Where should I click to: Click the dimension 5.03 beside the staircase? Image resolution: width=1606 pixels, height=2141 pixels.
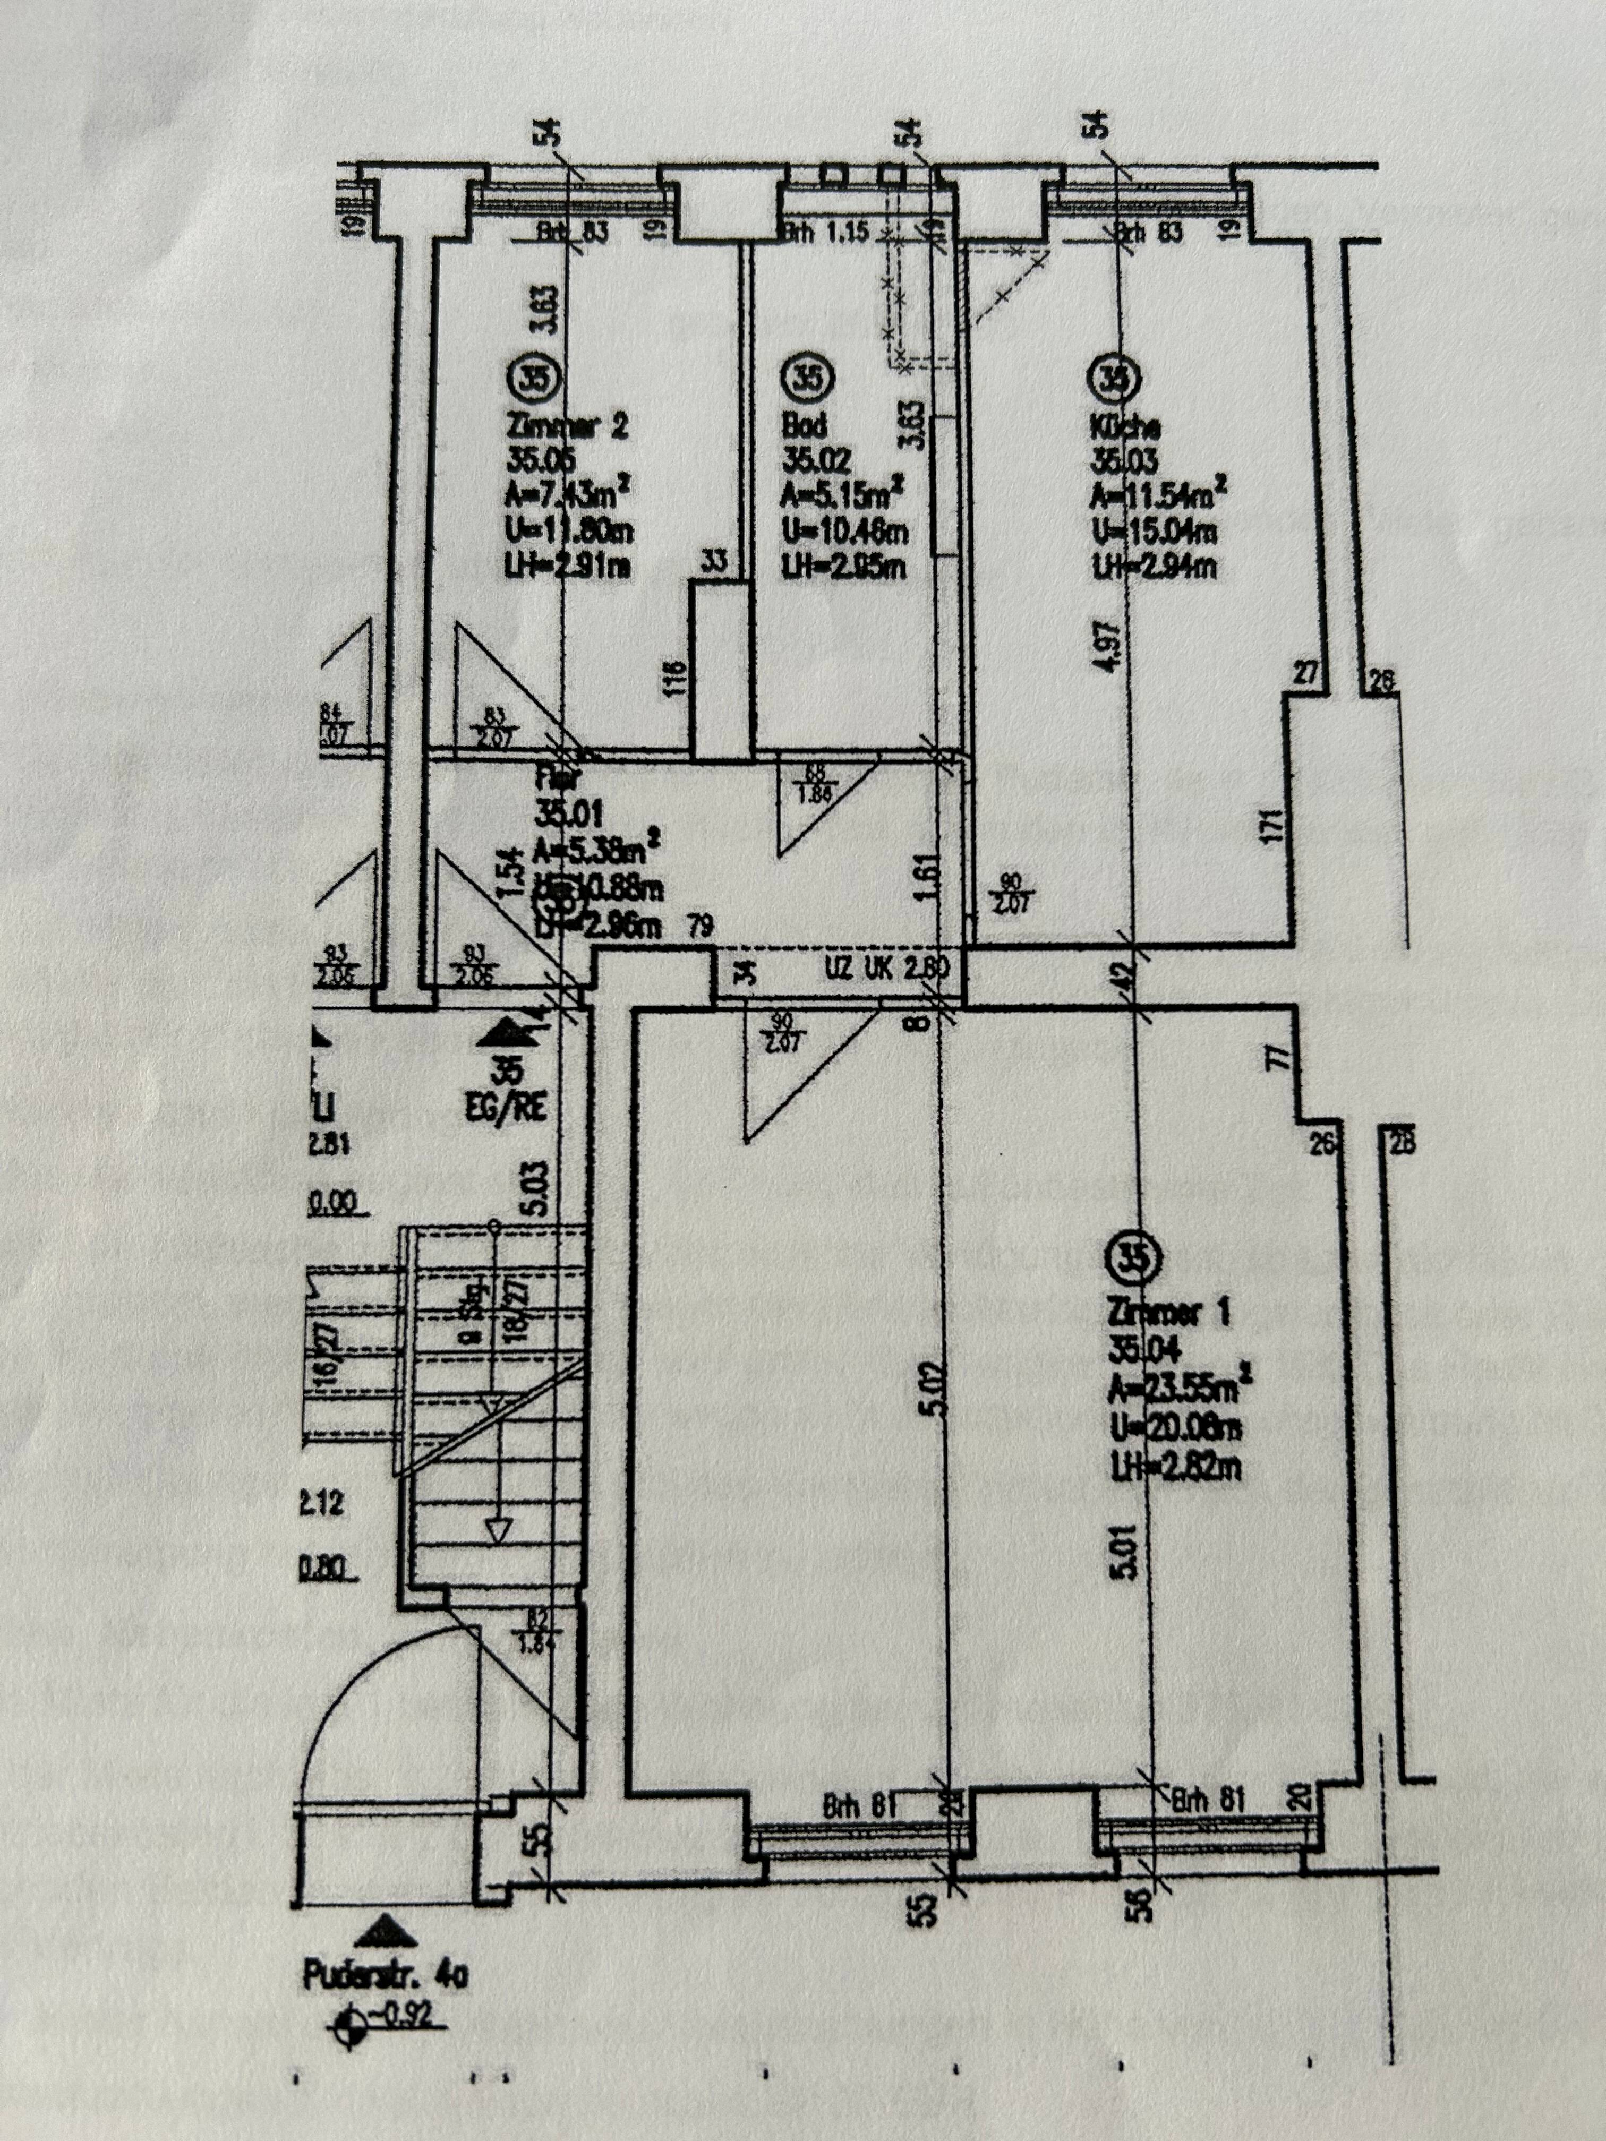tap(539, 1188)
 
